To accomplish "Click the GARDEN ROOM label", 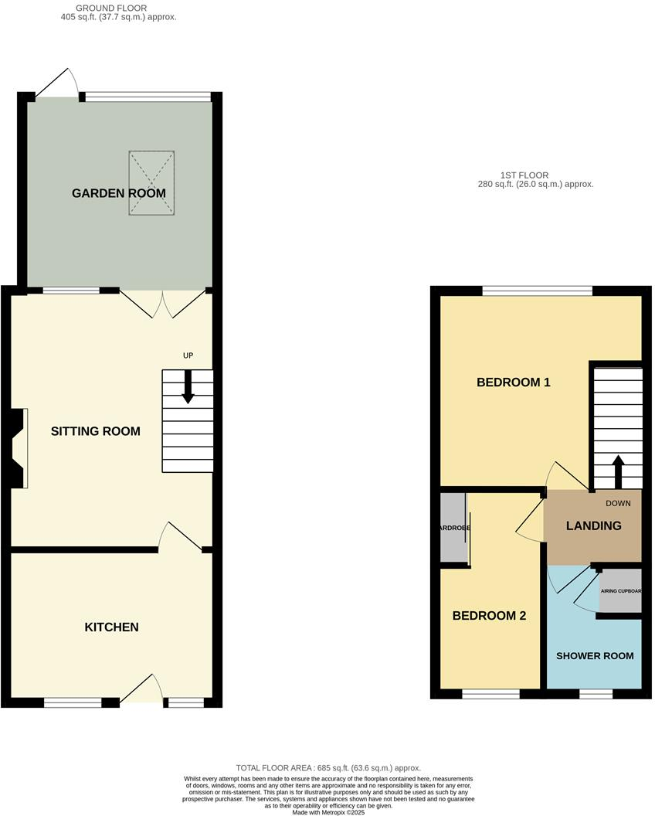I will (118, 193).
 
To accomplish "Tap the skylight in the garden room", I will (151, 184).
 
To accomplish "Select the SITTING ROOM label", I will (96, 431).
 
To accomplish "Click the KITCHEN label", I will (111, 627).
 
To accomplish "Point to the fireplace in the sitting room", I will (19, 448).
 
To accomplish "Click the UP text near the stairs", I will (187, 355).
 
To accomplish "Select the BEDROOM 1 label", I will (513, 382).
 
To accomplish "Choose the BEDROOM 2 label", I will (489, 616).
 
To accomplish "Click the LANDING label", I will (593, 526).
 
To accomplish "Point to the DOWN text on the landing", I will (618, 504).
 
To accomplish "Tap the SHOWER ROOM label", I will (595, 656).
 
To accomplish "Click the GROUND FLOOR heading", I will (110, 8).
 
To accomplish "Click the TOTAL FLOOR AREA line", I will (328, 767).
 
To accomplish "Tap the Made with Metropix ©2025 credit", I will (328, 811).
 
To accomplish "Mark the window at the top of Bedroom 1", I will (537, 291).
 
